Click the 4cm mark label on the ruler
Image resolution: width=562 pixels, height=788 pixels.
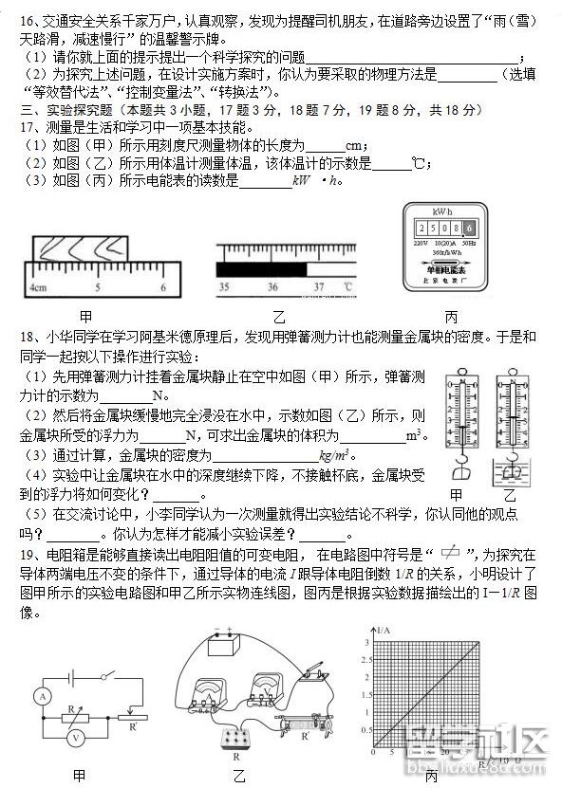[38, 287]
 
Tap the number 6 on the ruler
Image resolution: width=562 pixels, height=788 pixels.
[163, 287]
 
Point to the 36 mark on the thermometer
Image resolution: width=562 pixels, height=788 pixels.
[272, 286]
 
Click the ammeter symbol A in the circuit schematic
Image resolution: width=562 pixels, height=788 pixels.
[41, 696]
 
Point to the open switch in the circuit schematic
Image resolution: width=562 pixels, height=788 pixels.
[107, 675]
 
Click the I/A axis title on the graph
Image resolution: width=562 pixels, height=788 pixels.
[384, 631]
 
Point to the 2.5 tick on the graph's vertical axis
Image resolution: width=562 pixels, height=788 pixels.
[363, 661]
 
